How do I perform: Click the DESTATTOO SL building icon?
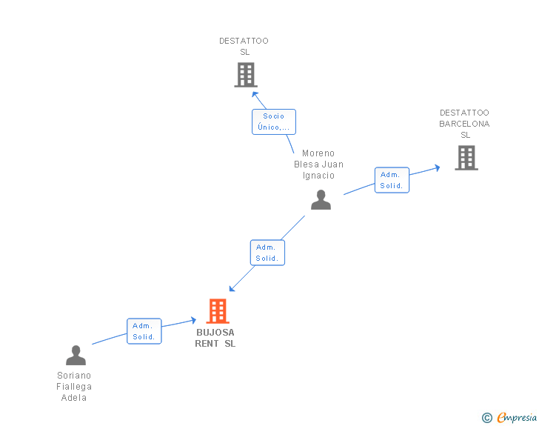tap(245, 75)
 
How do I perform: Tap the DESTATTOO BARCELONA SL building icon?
tap(466, 158)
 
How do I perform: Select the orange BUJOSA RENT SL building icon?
tap(217, 311)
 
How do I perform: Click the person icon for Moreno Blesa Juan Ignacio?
tap(321, 200)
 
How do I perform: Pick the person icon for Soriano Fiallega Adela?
tap(76, 356)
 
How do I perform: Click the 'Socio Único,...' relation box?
tap(273, 122)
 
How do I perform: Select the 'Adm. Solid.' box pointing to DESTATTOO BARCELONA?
tap(391, 180)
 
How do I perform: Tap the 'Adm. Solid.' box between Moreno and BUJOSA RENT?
tap(267, 253)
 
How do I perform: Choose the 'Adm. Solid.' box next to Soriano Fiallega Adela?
tap(144, 331)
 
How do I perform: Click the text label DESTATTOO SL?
tap(244, 47)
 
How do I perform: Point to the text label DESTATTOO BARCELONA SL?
tap(464, 124)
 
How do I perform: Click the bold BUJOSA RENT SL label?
tap(215, 338)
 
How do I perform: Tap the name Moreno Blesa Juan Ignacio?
tap(318, 164)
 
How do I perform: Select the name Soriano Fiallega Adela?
tap(74, 387)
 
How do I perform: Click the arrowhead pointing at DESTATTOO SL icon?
tap(254, 94)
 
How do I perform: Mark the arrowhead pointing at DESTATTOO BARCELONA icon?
tap(437, 168)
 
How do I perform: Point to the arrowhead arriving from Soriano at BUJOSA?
tap(193, 320)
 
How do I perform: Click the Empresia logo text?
tap(518, 418)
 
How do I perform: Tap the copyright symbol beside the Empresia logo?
tap(487, 418)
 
